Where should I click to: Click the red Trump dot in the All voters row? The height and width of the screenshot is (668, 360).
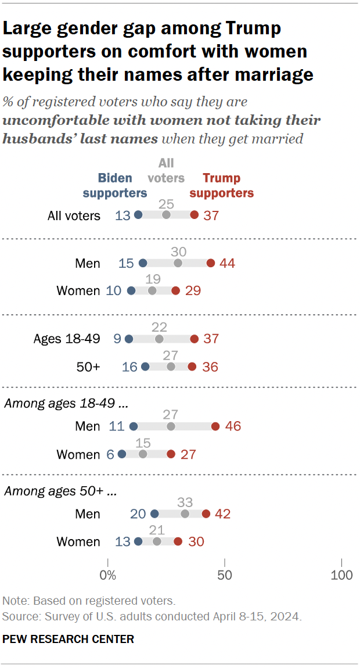tap(194, 215)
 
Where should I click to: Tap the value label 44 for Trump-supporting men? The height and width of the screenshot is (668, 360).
tap(227, 263)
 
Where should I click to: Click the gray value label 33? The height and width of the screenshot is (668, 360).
tap(185, 502)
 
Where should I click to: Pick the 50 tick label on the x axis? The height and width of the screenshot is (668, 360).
tap(225, 576)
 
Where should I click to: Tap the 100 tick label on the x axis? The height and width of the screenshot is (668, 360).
tap(341, 576)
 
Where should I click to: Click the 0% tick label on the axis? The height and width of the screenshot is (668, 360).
tap(108, 576)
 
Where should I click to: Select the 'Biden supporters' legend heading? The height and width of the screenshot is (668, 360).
tap(115, 185)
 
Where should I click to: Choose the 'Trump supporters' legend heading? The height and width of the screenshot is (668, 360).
tap(222, 185)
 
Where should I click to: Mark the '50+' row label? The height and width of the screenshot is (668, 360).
tap(88, 367)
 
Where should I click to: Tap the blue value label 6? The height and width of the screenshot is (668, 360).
tap(110, 454)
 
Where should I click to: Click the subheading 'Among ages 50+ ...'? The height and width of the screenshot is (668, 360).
tap(60, 491)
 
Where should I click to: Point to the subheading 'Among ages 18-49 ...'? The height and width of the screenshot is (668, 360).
tap(65, 403)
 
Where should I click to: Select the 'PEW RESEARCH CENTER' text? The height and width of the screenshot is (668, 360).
tap(69, 639)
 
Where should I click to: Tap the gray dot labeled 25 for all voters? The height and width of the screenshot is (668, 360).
tap(166, 215)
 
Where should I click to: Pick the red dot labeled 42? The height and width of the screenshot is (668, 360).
tap(206, 513)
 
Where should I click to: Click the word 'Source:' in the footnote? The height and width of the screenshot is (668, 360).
tap(19, 616)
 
